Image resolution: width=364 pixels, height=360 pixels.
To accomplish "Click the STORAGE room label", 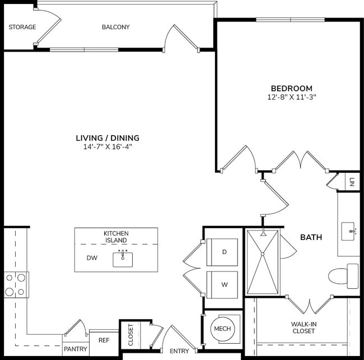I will (22, 27).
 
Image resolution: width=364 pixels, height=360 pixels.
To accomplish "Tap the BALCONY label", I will (116, 27).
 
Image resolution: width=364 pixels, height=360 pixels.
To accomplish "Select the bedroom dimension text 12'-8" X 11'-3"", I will (291, 97).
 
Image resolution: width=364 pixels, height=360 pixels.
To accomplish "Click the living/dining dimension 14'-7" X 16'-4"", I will (108, 147).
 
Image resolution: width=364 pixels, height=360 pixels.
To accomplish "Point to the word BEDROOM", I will (291, 88).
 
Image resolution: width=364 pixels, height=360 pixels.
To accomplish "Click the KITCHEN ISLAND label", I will (116, 237).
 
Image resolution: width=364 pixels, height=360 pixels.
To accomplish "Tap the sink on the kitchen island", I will (123, 259).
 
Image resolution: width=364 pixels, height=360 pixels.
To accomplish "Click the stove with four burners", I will (16, 284).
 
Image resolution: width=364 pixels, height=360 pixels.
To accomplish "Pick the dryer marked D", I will (223, 252).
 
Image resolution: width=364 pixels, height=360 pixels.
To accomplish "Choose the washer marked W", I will (223, 284).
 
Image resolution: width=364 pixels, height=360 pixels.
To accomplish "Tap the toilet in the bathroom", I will (342, 276).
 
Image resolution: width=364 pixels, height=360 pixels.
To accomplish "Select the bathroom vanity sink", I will (350, 230).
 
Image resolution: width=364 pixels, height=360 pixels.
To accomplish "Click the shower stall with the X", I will (263, 261).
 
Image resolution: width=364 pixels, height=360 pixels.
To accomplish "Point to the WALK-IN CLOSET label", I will (303, 327).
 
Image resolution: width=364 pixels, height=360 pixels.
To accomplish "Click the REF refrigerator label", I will (104, 340).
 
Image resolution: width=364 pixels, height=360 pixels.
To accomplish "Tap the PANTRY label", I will (75, 349).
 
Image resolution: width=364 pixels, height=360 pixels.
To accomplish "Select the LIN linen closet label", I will (352, 182).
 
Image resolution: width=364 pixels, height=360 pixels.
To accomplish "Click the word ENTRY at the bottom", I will (179, 352).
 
